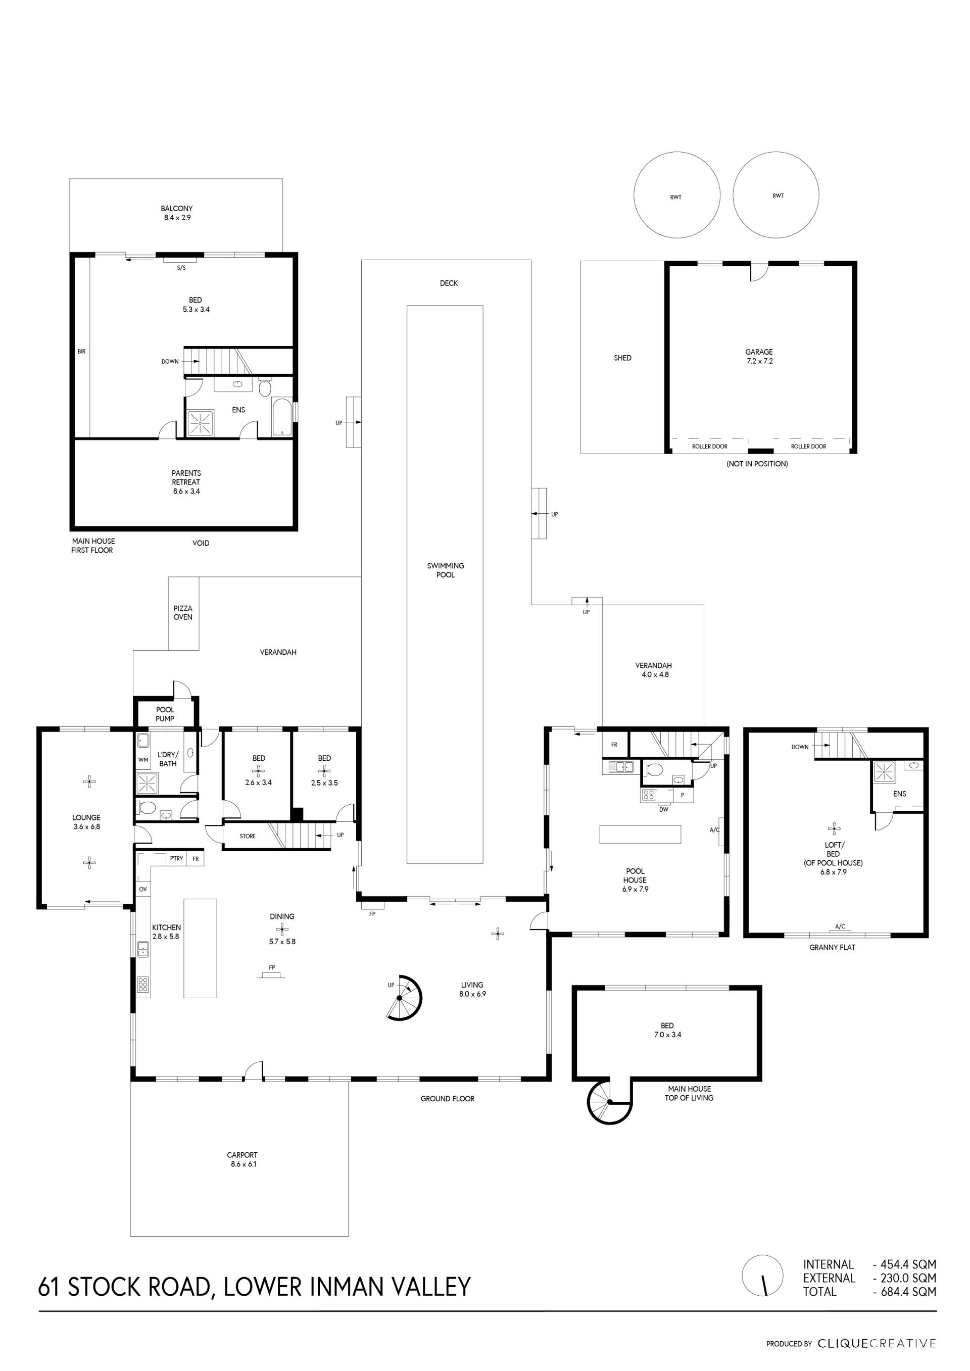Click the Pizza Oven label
click(x=183, y=613)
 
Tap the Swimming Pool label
click(x=446, y=570)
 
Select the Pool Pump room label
click(x=165, y=714)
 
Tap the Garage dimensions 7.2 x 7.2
click(x=759, y=361)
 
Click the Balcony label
click(x=177, y=209)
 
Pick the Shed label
click(x=622, y=358)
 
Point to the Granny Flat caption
click(x=832, y=948)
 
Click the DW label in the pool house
click(x=663, y=810)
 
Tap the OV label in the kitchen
click(x=143, y=889)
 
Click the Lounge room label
click(x=86, y=817)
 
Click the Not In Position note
click(x=757, y=464)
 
